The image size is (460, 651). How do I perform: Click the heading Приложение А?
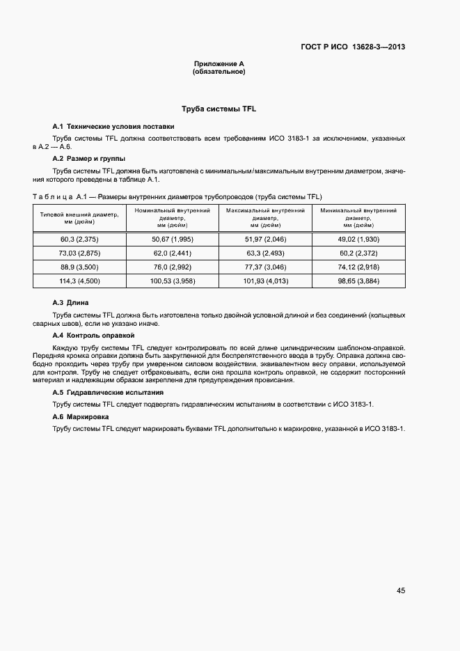click(219, 64)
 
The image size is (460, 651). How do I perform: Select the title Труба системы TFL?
click(219, 109)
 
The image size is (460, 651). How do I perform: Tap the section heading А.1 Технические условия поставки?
click(113, 127)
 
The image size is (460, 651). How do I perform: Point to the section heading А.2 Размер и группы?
click(89, 159)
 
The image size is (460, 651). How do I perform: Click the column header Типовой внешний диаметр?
click(79, 218)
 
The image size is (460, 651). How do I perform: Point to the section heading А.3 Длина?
click(71, 303)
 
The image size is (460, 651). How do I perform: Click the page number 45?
click(401, 590)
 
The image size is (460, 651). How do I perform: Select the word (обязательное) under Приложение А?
click(219, 72)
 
